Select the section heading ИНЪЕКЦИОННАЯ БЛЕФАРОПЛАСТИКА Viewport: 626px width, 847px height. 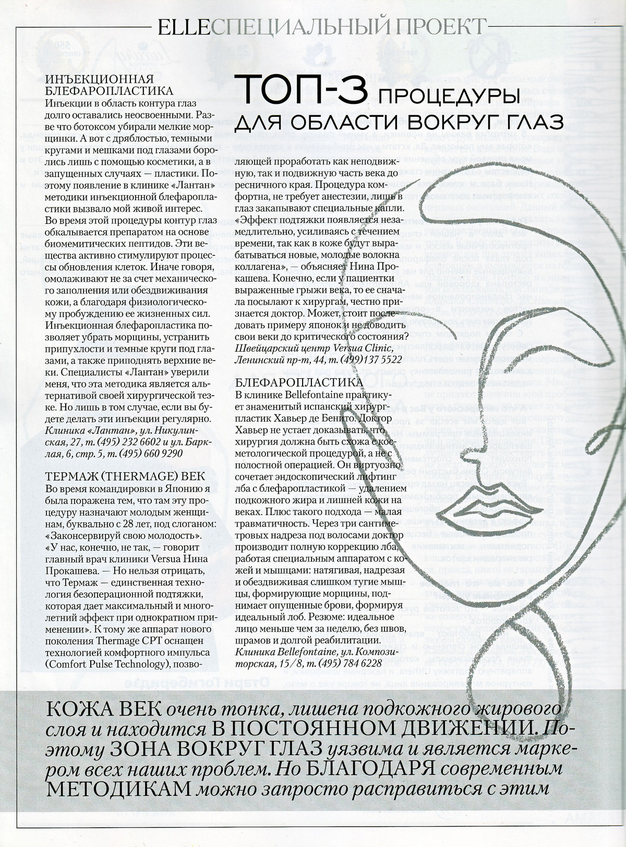click(x=100, y=85)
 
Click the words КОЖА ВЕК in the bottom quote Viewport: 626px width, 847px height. click(x=104, y=711)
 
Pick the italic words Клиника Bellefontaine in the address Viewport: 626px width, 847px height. click(x=280, y=652)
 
